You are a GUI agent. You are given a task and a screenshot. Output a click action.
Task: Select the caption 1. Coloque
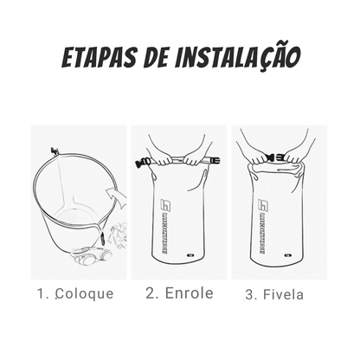(76, 293)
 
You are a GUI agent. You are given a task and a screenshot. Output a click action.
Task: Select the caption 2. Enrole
(179, 293)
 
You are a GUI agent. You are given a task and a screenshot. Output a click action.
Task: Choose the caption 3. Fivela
(275, 294)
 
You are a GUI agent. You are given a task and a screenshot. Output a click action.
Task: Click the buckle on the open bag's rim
(55, 155)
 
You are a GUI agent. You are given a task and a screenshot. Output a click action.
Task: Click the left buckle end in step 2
(142, 162)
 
